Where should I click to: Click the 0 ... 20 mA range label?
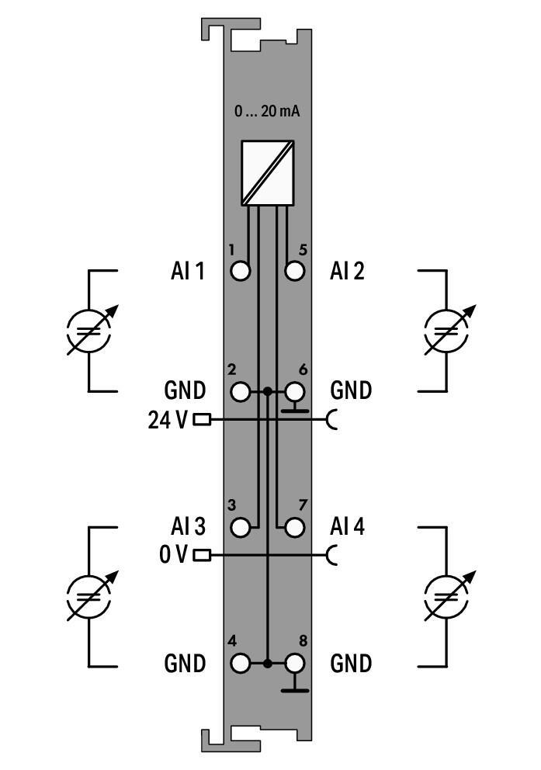point(267,111)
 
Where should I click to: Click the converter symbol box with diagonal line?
point(267,172)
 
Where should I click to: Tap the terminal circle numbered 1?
point(241,271)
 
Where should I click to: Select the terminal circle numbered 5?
point(294,271)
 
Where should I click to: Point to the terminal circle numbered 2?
point(241,391)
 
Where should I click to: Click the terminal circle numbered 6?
point(294,391)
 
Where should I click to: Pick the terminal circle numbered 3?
point(241,527)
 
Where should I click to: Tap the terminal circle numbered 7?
point(294,527)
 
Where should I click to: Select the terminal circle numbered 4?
point(241,664)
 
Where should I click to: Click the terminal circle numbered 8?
point(294,664)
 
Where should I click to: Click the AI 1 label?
point(187,271)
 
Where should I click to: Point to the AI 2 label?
point(347,271)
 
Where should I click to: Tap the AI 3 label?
point(187,527)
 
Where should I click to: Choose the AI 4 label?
point(347,527)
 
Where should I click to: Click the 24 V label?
point(168,420)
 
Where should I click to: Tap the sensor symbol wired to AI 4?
point(447,596)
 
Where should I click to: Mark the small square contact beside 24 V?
point(202,420)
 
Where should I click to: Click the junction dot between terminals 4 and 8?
point(268,664)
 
